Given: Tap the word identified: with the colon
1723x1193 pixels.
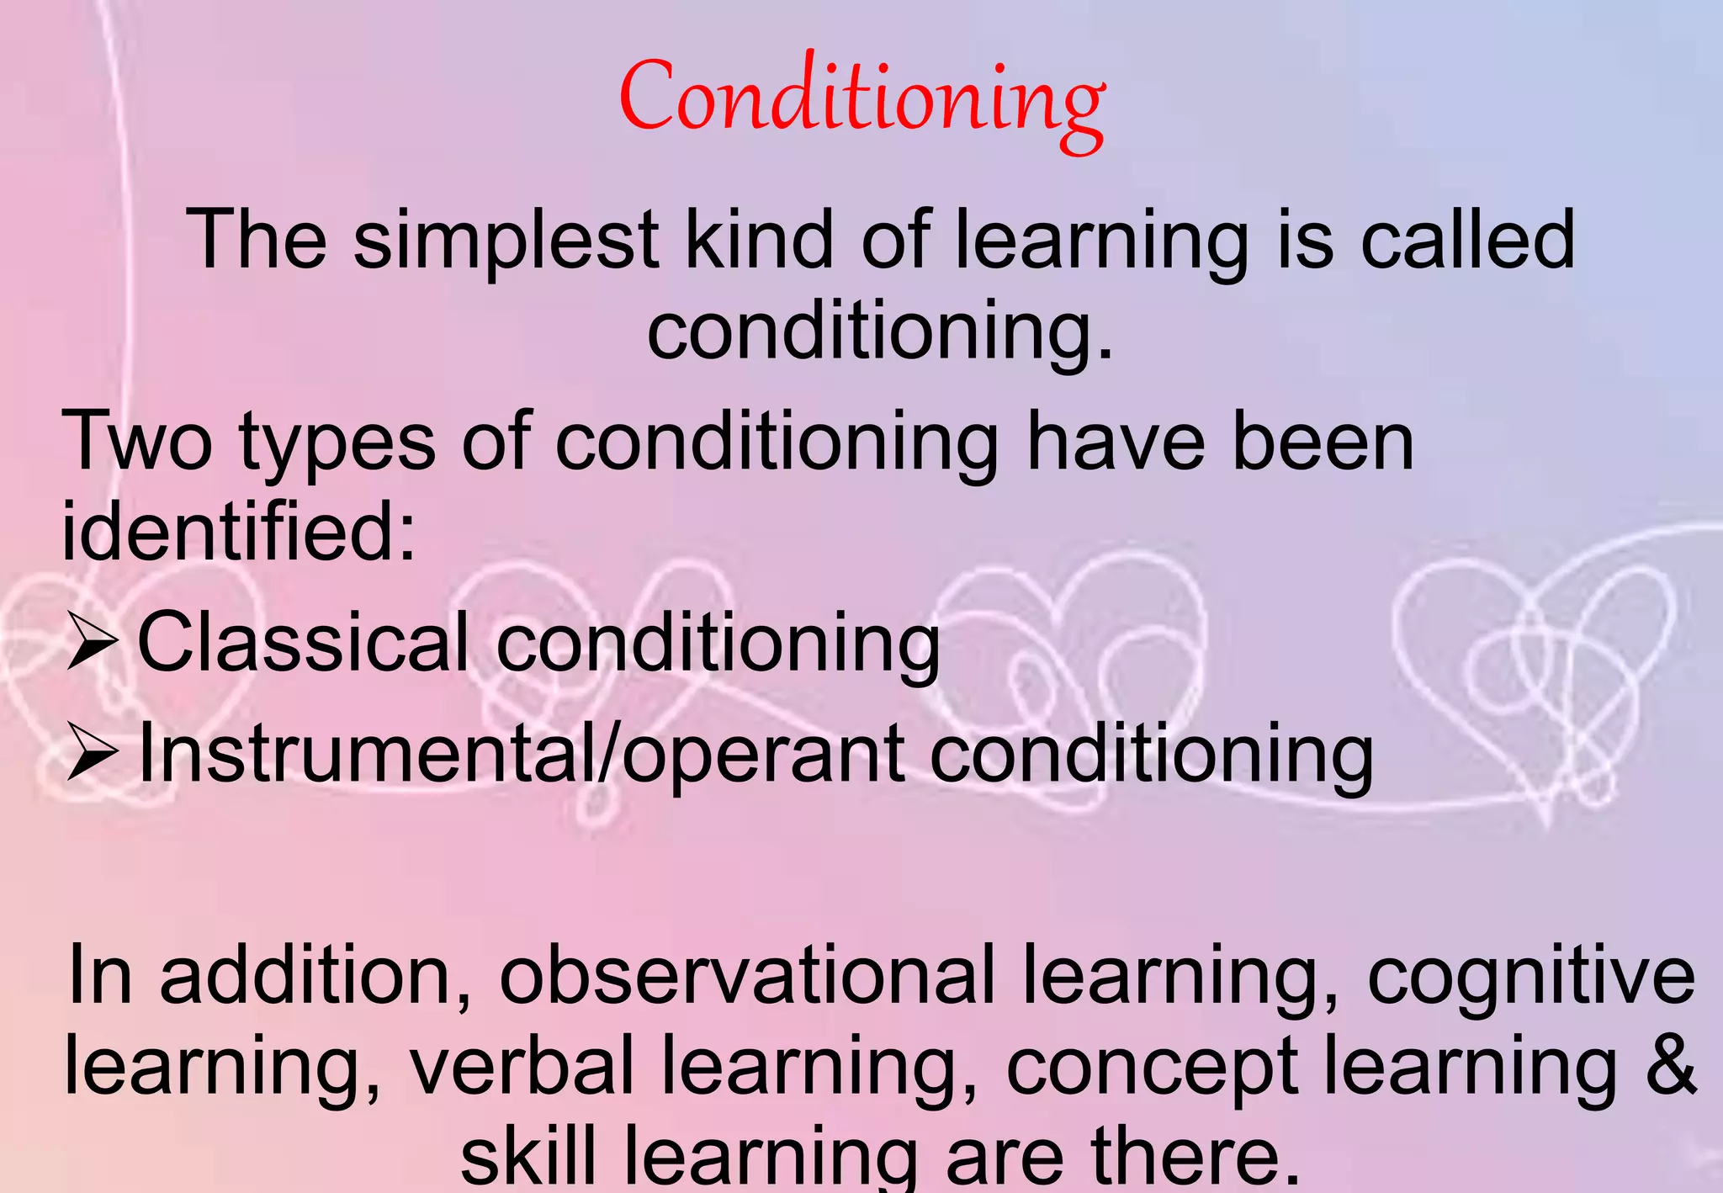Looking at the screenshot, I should coord(238,532).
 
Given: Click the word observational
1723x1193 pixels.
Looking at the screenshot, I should coord(747,977).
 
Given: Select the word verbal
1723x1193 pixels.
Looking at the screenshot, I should coord(522,1066).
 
